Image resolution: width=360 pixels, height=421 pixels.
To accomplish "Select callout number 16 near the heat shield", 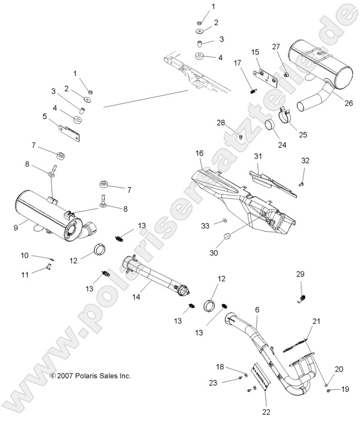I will pyautogui.click(x=199, y=153).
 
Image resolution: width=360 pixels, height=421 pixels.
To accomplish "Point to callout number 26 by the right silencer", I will pyautogui.click(x=334, y=102).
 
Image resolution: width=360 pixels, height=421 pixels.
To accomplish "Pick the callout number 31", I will pyautogui.click(x=258, y=156).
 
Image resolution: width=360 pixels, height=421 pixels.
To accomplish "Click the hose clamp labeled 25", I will pyautogui.click(x=286, y=117).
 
